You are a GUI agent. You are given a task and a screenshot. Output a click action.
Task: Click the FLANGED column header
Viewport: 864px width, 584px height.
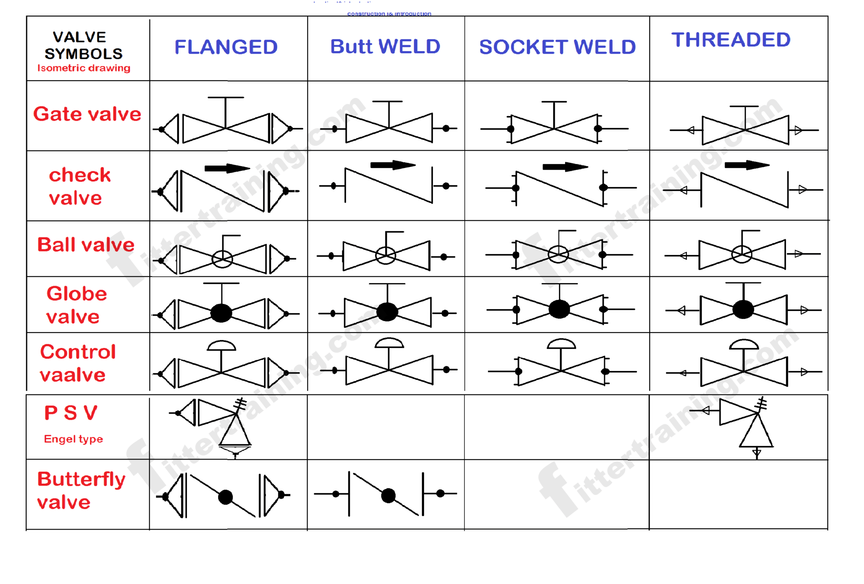click(x=226, y=47)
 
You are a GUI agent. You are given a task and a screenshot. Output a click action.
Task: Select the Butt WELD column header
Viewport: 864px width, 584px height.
click(x=385, y=46)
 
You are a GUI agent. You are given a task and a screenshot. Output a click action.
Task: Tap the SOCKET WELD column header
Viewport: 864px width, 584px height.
click(x=557, y=47)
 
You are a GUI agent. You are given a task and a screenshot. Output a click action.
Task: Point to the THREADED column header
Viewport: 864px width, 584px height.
click(x=731, y=40)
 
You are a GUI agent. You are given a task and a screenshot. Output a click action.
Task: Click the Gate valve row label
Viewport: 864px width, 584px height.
click(x=87, y=114)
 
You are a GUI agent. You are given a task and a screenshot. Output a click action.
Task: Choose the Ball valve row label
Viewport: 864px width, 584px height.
click(x=86, y=245)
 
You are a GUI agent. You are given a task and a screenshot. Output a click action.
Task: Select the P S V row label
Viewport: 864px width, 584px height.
click(x=71, y=413)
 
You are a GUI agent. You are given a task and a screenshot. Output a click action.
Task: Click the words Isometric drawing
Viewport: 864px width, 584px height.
click(x=84, y=68)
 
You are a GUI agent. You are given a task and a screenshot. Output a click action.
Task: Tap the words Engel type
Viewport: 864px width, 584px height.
click(x=73, y=439)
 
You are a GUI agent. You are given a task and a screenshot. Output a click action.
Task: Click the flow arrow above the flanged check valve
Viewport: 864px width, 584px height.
click(x=227, y=168)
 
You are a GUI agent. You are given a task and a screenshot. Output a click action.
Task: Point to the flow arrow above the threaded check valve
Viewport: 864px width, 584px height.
click(x=747, y=165)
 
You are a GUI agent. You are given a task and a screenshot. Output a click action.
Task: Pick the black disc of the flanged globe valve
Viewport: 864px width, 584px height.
click(x=221, y=313)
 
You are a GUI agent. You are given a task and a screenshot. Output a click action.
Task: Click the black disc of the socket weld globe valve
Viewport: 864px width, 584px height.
click(x=559, y=309)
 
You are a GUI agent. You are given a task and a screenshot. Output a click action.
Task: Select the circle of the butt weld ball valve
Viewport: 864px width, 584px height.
click(x=386, y=255)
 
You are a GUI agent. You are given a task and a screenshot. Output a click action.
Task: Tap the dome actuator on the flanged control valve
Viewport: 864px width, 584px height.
click(x=221, y=346)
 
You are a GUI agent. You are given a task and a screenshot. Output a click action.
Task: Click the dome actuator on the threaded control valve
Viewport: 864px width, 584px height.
click(x=744, y=344)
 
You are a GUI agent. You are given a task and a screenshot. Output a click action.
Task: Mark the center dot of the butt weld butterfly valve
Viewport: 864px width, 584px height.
click(x=388, y=495)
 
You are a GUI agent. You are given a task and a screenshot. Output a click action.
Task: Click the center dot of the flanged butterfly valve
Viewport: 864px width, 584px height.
click(x=226, y=497)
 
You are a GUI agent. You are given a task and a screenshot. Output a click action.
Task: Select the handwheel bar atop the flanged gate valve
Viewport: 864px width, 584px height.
click(x=226, y=98)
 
